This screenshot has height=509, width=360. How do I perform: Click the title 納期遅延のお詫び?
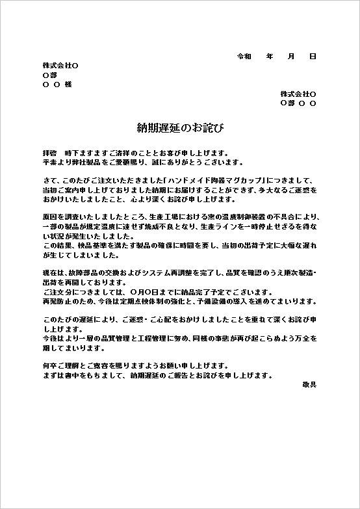pos(180,126)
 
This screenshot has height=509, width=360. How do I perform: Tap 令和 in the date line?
pos(244,57)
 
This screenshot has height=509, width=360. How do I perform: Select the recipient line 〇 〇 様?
pos(57,85)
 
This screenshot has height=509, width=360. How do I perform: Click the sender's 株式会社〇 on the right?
pos(298,94)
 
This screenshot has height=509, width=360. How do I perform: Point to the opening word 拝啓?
pos(50,152)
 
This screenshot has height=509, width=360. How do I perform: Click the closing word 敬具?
pos(309,385)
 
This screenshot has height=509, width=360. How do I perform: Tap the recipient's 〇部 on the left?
pos(50,75)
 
